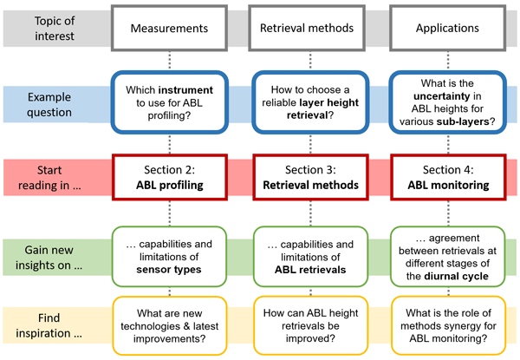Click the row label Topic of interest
(55, 29)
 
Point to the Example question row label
(49, 104)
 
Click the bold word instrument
(185, 90)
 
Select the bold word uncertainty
(442, 96)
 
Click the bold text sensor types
(169, 270)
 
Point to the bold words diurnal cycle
(457, 276)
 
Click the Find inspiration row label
(49, 325)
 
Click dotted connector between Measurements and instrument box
(170, 61)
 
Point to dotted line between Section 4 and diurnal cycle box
(448, 213)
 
